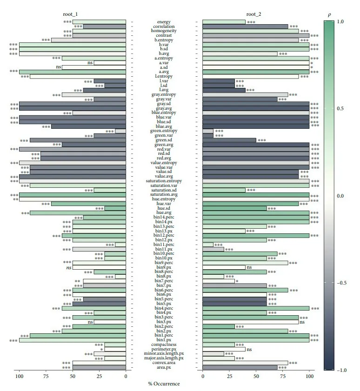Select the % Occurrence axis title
[164, 384]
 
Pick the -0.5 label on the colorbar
[342, 283]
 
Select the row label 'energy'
[164, 22]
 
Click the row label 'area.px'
[164, 368]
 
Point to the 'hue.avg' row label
[164, 213]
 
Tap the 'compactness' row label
[164, 345]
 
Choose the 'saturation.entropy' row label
[164, 181]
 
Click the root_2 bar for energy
[224, 22]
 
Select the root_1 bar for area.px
[99, 368]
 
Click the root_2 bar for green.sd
[229, 140]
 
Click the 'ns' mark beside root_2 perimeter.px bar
[249, 349]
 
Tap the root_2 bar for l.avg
[224, 90]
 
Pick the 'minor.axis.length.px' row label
[164, 354]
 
